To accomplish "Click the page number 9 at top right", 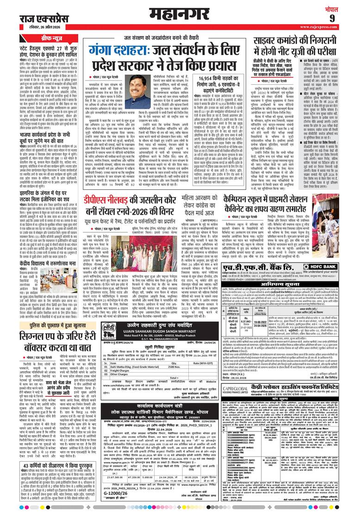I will coord(345,18).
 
